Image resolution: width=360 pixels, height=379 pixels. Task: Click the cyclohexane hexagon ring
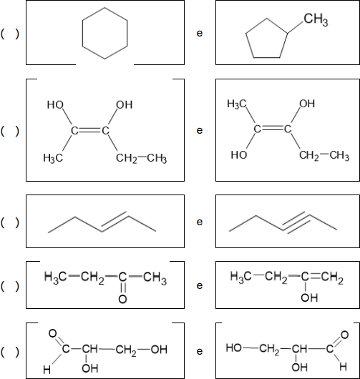click(x=82, y=33)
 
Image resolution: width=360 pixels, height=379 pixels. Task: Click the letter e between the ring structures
click(x=200, y=33)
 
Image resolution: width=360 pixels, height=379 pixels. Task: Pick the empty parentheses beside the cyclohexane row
click(x=10, y=34)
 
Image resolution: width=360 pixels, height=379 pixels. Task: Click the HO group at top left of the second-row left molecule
click(x=55, y=105)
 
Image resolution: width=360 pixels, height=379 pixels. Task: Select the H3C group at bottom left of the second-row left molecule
click(x=53, y=158)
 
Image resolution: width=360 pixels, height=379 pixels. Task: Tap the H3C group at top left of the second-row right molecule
click(x=237, y=104)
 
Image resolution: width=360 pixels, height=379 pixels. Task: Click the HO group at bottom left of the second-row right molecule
click(x=239, y=154)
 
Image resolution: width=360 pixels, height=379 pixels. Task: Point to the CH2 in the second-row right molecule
click(x=309, y=155)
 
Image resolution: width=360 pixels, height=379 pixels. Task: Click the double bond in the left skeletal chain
click(x=115, y=222)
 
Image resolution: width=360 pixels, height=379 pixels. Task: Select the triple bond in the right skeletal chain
click(x=296, y=222)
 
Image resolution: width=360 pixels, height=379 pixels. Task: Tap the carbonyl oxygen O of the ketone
click(x=122, y=299)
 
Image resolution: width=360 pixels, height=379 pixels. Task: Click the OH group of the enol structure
click(x=309, y=297)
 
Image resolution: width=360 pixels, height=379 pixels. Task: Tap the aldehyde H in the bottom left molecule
click(x=47, y=370)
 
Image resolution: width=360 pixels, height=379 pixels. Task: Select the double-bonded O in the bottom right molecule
click(x=344, y=335)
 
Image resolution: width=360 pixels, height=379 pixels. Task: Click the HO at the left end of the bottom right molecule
click(x=234, y=348)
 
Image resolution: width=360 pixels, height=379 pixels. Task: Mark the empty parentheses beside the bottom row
click(x=10, y=352)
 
